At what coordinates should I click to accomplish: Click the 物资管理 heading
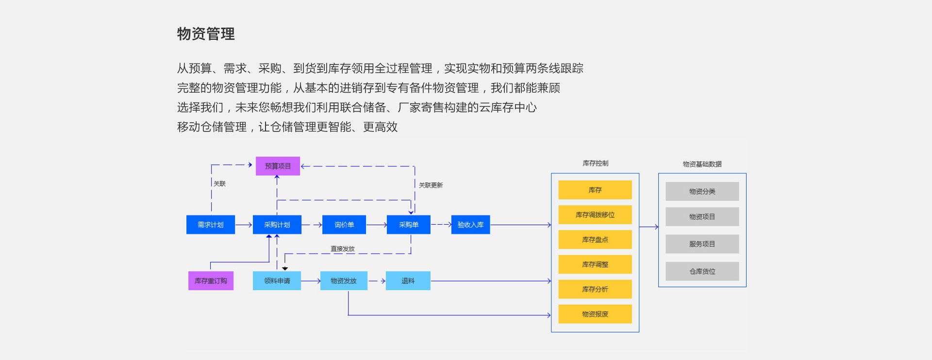[206, 34]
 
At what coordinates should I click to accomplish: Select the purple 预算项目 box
[278, 166]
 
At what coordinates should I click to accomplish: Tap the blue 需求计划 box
[211, 225]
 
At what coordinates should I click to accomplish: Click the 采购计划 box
[277, 225]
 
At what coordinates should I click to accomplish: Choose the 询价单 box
[344, 225]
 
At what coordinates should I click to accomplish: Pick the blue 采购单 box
[409, 225]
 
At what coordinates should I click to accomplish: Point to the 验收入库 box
[470, 225]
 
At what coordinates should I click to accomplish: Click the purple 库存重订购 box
[211, 281]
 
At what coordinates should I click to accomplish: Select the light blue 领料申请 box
[277, 281]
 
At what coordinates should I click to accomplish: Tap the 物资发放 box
[344, 281]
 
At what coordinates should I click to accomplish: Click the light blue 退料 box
[408, 281]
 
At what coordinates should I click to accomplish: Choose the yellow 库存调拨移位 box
[595, 214]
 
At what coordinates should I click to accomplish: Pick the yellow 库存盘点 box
[595, 239]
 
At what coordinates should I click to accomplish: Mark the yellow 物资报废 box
[595, 314]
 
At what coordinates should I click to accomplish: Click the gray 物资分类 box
[702, 191]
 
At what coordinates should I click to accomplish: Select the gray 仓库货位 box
[702, 271]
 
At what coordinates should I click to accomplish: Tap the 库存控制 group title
[596, 164]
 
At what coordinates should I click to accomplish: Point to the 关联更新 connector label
[431, 185]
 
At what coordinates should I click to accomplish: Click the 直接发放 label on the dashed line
[343, 249]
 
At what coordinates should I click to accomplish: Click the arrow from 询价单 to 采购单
[377, 225]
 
